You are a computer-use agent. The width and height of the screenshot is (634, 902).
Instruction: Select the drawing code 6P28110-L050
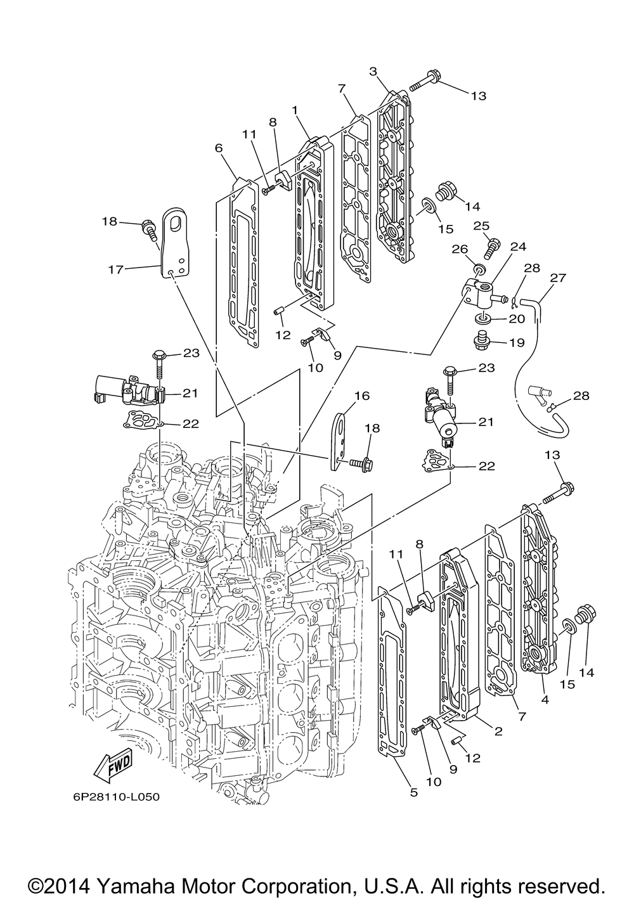pos(111,797)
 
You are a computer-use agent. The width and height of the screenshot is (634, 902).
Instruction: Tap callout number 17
pos(115,269)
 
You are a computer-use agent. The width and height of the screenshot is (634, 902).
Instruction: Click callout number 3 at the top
pos(374,71)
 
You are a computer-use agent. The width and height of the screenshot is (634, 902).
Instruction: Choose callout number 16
pos(361,396)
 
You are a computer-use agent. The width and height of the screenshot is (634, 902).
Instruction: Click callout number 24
pos(518,247)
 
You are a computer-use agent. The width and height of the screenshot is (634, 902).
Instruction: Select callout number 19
pos(517,343)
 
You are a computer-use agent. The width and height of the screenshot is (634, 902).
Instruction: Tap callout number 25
pos(481,226)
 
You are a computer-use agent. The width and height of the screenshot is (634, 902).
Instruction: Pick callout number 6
pos(219,148)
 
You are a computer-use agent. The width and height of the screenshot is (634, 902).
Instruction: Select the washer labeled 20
pos(482,317)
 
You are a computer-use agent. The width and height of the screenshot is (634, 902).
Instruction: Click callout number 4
pos(545,700)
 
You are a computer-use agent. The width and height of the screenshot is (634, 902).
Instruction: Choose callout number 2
pos(498,731)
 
